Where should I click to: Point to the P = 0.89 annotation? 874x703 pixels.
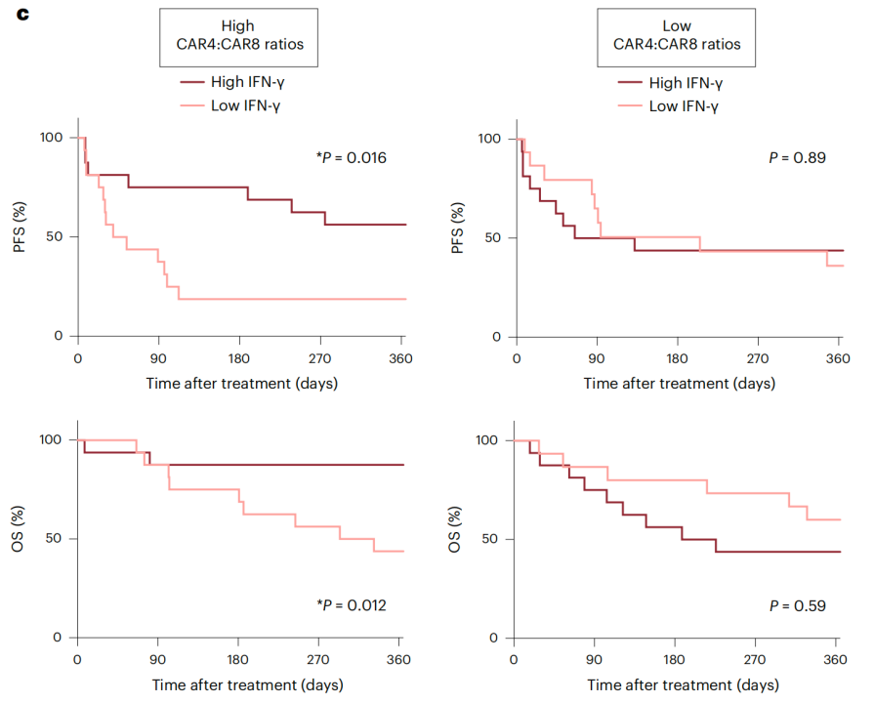[x=797, y=157]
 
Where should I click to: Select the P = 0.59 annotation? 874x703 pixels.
[x=797, y=605]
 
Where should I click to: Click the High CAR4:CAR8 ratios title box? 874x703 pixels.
[x=239, y=36]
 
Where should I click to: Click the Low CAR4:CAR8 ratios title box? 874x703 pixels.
[x=677, y=36]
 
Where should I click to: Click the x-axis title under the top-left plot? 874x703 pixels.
[x=241, y=383]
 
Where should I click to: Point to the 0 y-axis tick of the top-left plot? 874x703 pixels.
[x=59, y=336]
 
